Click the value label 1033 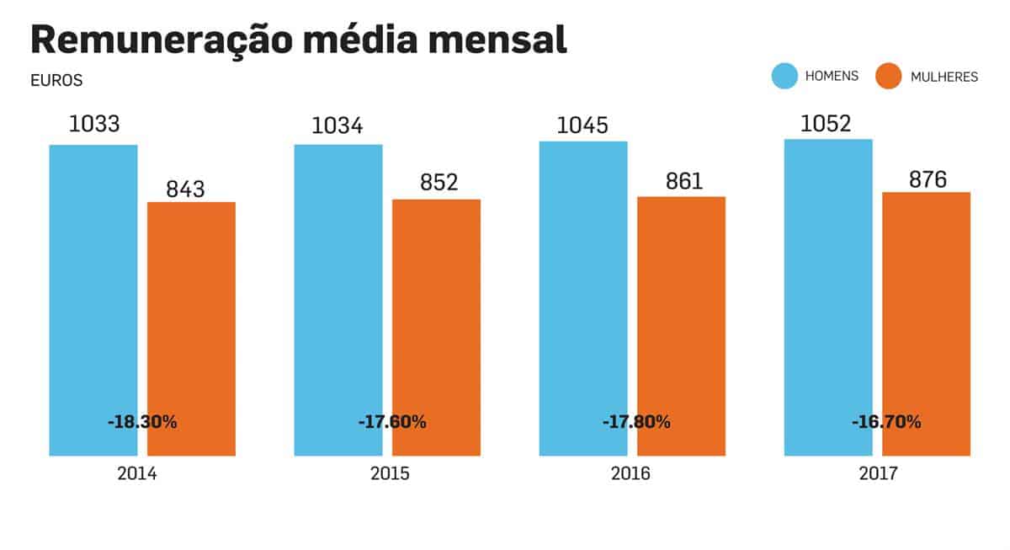(94, 125)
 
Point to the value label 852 (439, 182)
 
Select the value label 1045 (582, 125)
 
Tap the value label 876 (928, 180)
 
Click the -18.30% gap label (142, 422)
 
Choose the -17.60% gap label (391, 422)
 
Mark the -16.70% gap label (886, 422)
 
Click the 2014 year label (137, 474)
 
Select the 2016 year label (630, 474)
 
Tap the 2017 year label (878, 474)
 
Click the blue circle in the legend (784, 76)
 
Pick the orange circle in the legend (889, 76)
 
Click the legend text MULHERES (944, 77)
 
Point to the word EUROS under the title (56, 82)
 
